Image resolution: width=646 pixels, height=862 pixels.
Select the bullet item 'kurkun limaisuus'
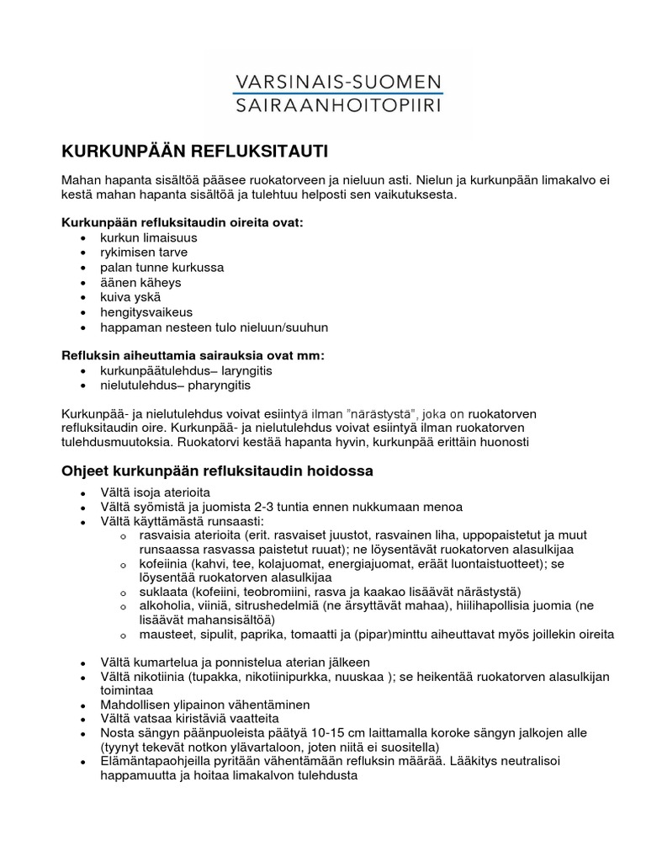pos(148,237)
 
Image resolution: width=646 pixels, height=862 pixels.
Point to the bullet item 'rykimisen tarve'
pos(143,252)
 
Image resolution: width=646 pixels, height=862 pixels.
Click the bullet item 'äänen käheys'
pos(140,282)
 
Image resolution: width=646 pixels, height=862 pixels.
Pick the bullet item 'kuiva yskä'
pos(130,296)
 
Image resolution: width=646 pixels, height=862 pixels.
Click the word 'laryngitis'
pos(245,370)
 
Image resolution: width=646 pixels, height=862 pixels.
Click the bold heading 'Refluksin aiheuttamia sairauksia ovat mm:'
pos(193,355)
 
